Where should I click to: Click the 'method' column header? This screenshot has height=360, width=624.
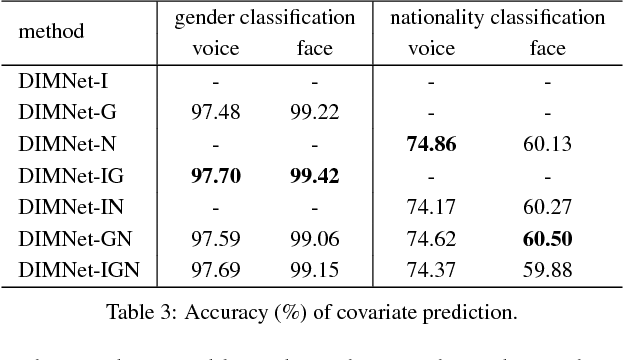coord(51,32)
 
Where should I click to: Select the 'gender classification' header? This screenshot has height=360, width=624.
coord(265,17)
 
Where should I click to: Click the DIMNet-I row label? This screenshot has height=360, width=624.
coord(56,83)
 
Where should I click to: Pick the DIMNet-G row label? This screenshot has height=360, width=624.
coord(59,113)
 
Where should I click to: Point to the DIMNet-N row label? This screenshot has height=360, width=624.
coord(59,143)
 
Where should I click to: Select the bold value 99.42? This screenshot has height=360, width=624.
coord(315,175)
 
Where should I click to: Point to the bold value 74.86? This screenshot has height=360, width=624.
coord(431,144)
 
